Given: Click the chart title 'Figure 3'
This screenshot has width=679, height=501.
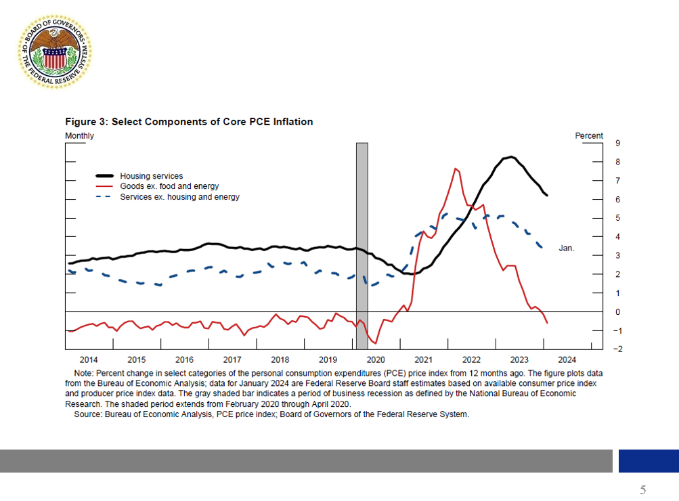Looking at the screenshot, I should (x=189, y=122).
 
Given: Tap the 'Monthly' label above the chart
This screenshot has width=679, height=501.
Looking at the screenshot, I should (x=79, y=136).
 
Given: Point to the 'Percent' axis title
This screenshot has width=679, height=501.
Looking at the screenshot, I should (x=588, y=136).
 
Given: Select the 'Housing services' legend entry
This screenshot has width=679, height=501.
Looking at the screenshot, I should (x=152, y=176).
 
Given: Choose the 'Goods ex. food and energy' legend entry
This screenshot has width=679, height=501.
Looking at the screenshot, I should (x=169, y=186).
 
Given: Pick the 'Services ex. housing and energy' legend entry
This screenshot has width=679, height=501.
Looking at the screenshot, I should (x=179, y=197).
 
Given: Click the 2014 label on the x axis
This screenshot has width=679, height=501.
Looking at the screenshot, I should (x=89, y=360).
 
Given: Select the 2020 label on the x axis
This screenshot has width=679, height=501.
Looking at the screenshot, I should (x=375, y=360).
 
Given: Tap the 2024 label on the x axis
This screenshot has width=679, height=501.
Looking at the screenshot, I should (x=567, y=360).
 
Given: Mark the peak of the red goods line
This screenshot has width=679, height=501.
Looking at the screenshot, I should (x=456, y=169).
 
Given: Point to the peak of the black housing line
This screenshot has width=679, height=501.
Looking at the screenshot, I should (x=510, y=157).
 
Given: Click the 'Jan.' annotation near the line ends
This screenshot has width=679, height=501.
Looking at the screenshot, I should (x=567, y=248).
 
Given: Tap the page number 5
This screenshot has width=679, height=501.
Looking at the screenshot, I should (x=642, y=490).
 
